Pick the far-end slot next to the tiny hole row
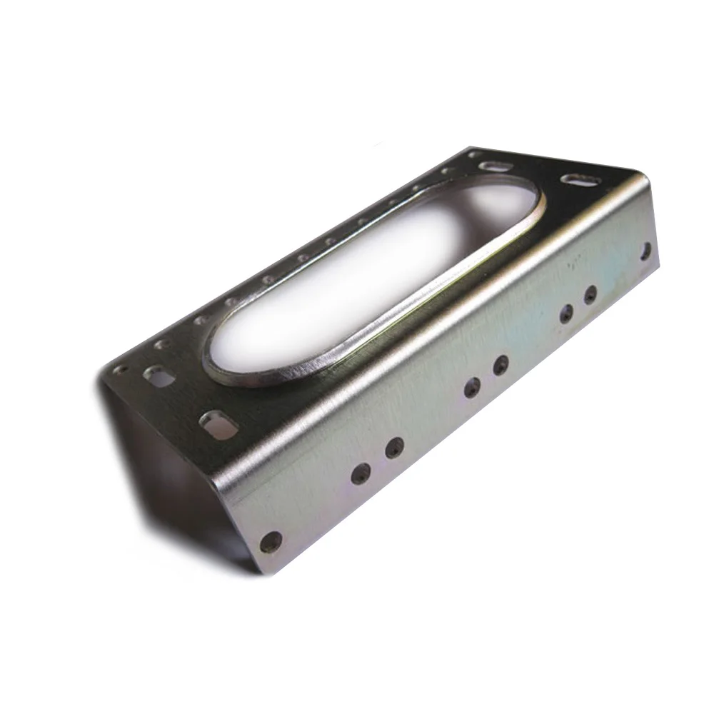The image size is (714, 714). click(x=493, y=166)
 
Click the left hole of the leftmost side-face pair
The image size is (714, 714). click(x=361, y=473)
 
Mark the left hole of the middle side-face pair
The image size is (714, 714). click(x=471, y=388)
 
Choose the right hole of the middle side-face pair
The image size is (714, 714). click(x=501, y=365)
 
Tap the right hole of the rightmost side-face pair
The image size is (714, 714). click(x=590, y=293)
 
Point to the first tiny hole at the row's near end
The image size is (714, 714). click(x=120, y=369)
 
